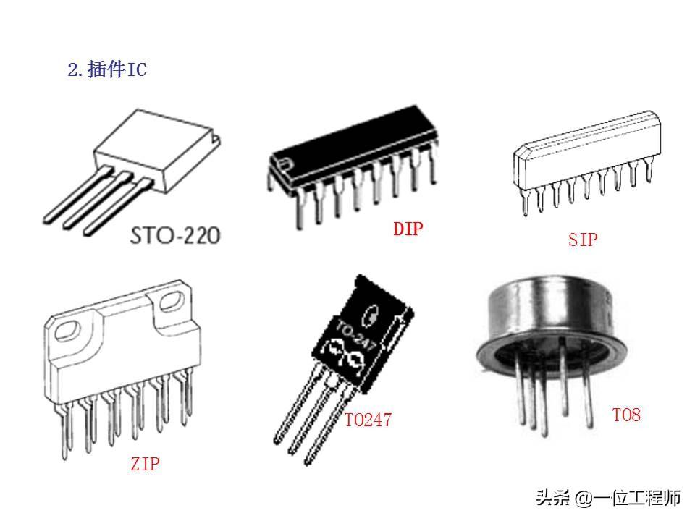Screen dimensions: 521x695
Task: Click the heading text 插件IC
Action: point(116,70)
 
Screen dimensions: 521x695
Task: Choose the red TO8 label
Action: point(626,415)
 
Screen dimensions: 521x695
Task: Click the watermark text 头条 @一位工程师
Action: point(608,498)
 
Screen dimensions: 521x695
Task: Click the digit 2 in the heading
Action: point(72,70)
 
